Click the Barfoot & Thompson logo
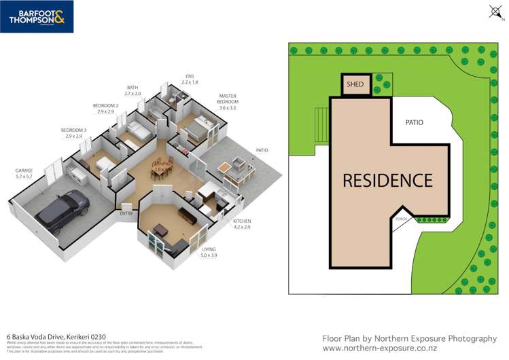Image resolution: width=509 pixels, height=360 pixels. click(x=37, y=16)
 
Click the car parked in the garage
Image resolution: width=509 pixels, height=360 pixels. click(x=63, y=209)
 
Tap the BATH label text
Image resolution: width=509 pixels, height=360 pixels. click(x=133, y=87)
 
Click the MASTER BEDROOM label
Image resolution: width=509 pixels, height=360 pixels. click(x=227, y=100)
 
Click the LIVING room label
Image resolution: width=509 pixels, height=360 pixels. click(x=208, y=250)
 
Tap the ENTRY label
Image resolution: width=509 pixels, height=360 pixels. click(x=126, y=213)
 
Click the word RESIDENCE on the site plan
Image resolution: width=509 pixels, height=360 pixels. click(x=387, y=181)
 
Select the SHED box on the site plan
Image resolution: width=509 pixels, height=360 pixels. click(x=355, y=86)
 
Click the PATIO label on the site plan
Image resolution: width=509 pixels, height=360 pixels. click(x=415, y=123)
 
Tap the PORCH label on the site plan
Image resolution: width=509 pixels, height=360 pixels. click(x=402, y=219)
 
